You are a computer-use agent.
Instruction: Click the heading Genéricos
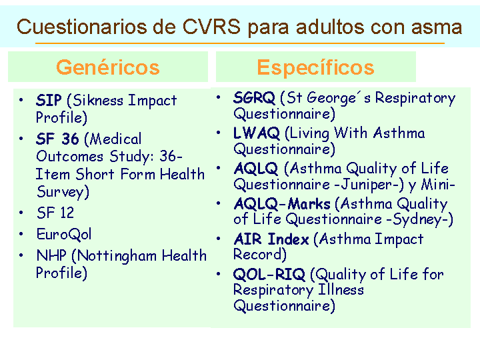(x=108, y=67)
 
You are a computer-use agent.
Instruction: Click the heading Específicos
(x=315, y=67)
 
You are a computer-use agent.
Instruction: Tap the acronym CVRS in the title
(x=211, y=27)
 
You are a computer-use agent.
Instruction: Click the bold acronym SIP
(x=49, y=100)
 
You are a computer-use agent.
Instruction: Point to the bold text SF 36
(x=57, y=139)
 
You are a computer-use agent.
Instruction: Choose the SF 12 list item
(x=55, y=213)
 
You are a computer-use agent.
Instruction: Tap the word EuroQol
(x=64, y=234)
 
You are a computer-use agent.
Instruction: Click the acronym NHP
(x=51, y=255)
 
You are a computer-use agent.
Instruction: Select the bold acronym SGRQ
(x=254, y=97)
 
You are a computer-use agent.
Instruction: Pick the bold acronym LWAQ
(x=257, y=133)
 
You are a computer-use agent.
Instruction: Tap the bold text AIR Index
(x=271, y=239)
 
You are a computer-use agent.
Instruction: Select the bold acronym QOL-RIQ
(x=269, y=274)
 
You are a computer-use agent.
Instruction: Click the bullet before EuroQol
(x=21, y=234)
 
